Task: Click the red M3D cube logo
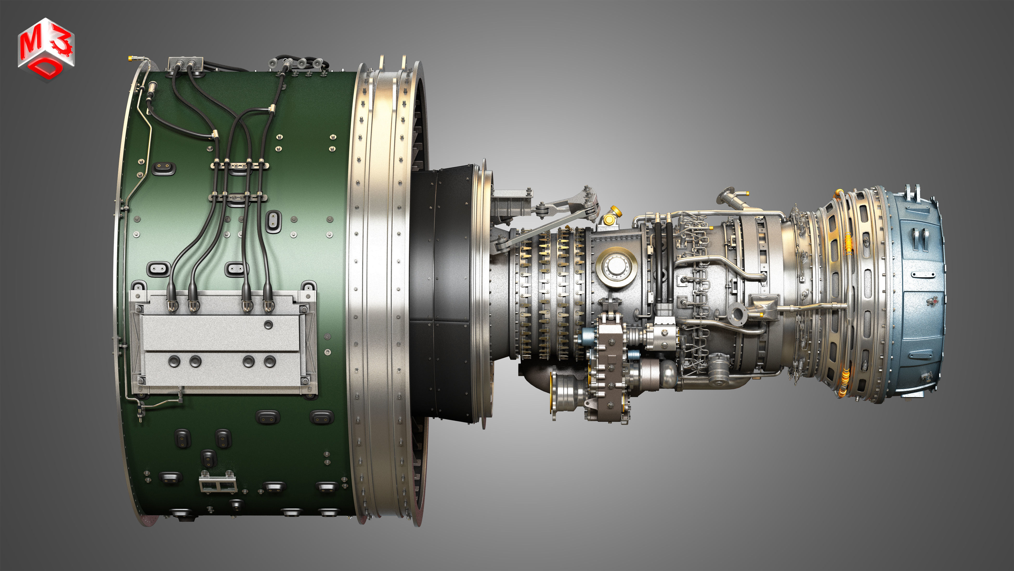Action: (x=46, y=49)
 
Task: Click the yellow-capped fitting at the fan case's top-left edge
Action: (x=130, y=59)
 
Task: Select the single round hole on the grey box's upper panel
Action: (x=268, y=325)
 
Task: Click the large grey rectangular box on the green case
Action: (x=222, y=343)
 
